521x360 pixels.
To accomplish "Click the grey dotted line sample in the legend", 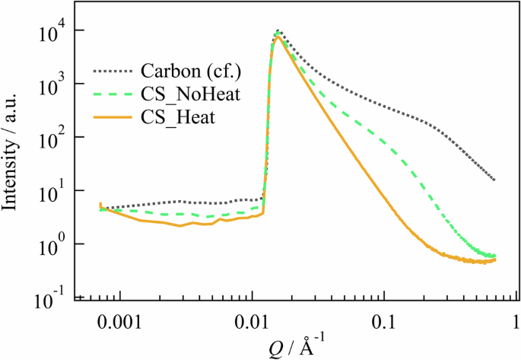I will point(114,72).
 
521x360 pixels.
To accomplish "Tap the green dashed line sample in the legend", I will point(114,94).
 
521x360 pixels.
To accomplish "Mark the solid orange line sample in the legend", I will point(114,117).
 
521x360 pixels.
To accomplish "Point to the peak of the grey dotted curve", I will point(279,31).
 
